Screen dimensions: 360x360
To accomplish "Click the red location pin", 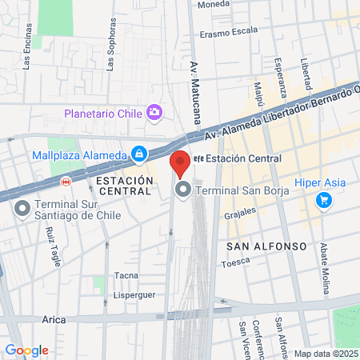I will pos(180,162).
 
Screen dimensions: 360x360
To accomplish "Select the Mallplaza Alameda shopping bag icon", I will pos(139,153).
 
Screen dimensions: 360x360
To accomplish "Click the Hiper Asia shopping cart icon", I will pos(323,199).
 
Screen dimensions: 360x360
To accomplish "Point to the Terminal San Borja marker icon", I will pos(183,190).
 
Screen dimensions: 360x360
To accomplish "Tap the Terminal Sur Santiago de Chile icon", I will pos(22,208).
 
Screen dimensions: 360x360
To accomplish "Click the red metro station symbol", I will pos(66,182).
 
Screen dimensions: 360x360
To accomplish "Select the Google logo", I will pos(26,350).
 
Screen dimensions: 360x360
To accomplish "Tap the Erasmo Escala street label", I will pos(229,34).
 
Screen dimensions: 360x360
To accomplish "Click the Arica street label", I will pos(54,319).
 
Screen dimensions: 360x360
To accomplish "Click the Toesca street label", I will pos(235,262).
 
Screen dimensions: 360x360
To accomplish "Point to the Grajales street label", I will pos(239,214).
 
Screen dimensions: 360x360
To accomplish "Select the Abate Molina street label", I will pos(324,258).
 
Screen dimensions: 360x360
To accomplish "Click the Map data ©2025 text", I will pos(324,353).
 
